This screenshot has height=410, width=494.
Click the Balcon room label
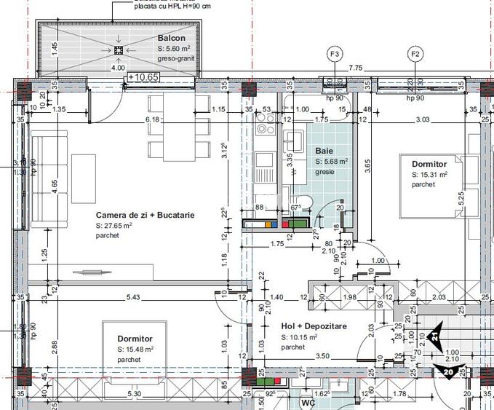coord(171,38)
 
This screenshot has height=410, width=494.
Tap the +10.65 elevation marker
coord(143,76)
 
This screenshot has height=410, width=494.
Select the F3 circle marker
coord(335,54)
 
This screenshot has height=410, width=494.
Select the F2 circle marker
coord(415,54)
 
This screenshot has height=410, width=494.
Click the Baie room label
coord(324,151)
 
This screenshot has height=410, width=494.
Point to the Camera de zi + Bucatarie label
coord(145,216)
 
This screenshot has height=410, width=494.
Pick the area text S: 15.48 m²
coord(138,350)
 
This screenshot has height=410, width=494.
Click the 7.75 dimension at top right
coord(355,68)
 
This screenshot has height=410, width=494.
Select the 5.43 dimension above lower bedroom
coord(133,298)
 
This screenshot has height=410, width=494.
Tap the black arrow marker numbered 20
coord(447,371)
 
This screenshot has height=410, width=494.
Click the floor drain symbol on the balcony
coord(119,50)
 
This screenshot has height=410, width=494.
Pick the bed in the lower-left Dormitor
coord(138,350)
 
